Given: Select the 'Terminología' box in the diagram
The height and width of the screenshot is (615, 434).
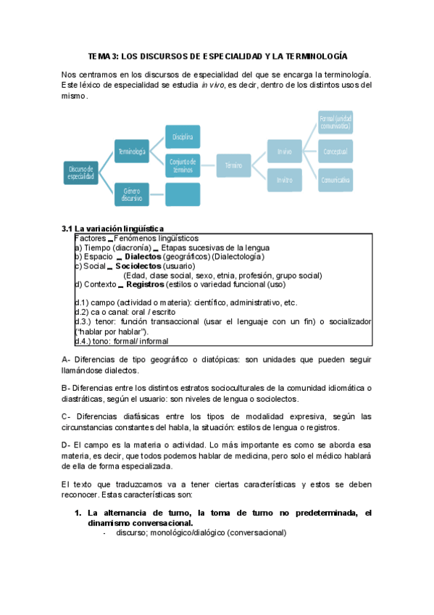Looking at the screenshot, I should (132, 152).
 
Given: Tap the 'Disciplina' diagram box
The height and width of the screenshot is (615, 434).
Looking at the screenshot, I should (183, 136).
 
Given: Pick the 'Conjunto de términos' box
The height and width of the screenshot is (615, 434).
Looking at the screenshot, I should (183, 165).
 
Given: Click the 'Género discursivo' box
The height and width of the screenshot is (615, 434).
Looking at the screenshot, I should (132, 194).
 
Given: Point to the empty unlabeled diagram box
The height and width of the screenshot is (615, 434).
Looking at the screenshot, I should (183, 194).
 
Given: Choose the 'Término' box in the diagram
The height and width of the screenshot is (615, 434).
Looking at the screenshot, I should (233, 165).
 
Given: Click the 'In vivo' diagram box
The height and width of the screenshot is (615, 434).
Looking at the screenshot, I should (285, 152).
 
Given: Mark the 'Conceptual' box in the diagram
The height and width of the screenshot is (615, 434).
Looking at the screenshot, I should (335, 152).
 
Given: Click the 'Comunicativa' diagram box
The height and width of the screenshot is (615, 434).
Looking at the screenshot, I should (335, 179).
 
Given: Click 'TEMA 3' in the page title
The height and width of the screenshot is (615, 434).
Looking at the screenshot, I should (102, 56).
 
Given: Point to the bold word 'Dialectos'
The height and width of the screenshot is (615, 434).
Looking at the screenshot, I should (143, 256).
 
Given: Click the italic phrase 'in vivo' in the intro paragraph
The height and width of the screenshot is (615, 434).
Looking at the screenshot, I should (212, 85).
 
